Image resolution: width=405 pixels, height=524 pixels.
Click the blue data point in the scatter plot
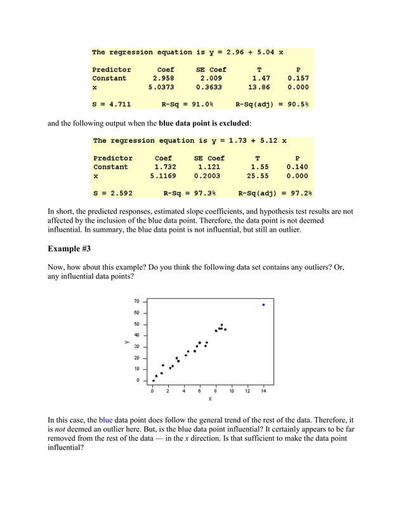263,305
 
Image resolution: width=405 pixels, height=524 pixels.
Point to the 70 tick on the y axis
136,301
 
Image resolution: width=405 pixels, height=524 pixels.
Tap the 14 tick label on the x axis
263,391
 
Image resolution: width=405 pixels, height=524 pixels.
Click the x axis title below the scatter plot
210,399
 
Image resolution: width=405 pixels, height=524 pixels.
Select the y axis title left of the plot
126,342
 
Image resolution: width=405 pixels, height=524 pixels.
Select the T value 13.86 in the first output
258,88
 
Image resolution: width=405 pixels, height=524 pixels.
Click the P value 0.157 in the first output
298,79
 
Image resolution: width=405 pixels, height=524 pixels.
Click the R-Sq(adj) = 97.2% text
275,193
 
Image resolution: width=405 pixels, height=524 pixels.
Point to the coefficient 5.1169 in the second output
163,176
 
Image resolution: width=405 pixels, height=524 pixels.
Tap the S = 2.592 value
112,193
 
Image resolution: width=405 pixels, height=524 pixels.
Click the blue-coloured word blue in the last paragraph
106,420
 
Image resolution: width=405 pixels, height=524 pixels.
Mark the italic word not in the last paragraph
58,429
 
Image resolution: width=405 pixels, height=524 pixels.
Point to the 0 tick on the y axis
138,381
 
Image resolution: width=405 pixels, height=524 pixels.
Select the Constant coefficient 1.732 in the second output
164,167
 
